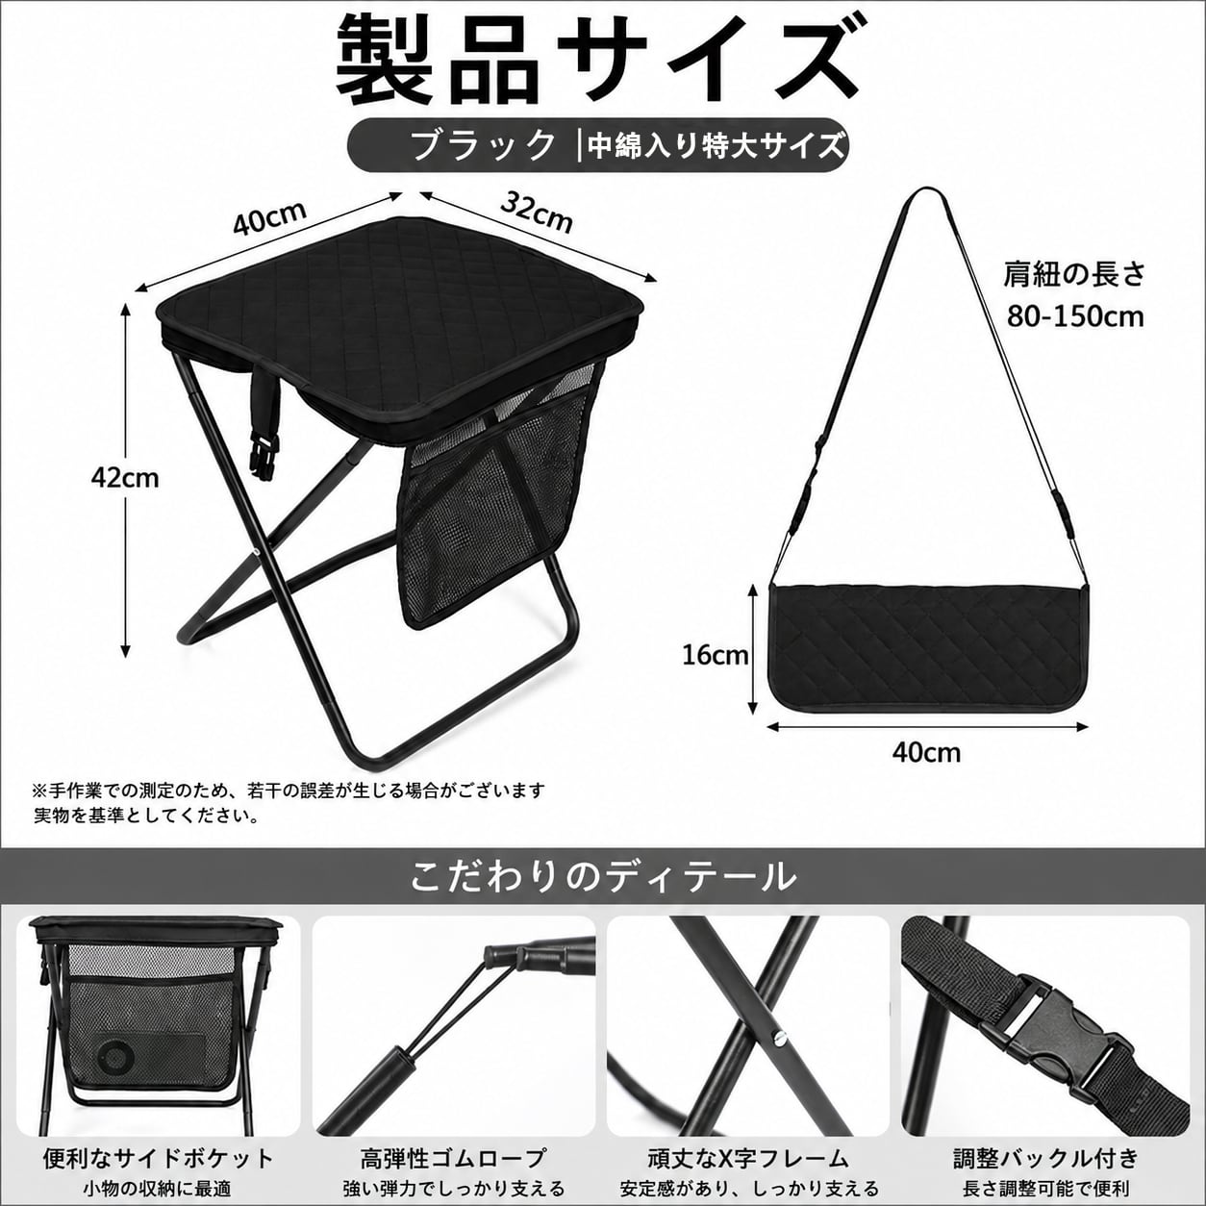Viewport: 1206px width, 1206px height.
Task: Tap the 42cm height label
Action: click(x=124, y=479)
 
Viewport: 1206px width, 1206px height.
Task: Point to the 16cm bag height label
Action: click(x=716, y=655)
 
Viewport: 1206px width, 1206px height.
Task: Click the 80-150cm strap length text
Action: click(x=1075, y=317)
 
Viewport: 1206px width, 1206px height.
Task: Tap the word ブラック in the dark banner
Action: click(x=483, y=145)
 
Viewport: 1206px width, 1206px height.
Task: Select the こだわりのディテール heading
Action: click(x=603, y=877)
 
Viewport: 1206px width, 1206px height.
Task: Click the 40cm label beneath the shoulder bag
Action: click(x=926, y=752)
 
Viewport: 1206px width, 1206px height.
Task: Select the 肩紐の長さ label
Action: click(x=1074, y=275)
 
